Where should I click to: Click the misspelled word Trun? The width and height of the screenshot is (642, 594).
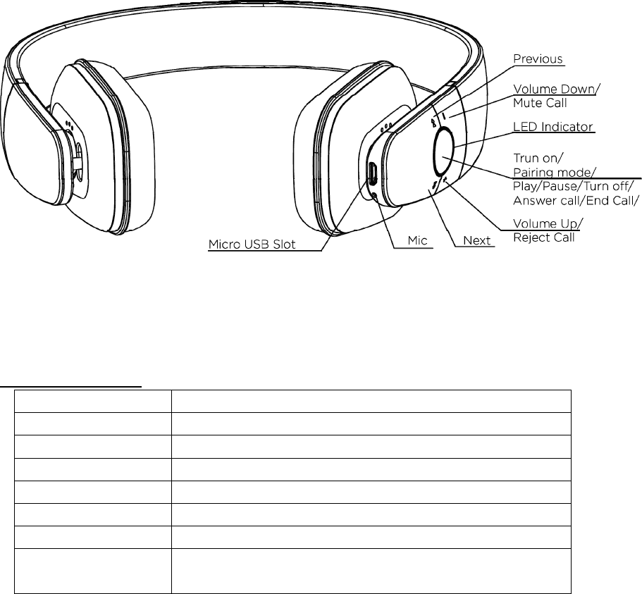pyautogui.click(x=526, y=159)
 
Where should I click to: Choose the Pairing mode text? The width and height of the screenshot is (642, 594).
pyautogui.click(x=547, y=172)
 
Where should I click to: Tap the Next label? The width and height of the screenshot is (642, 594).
pyautogui.click(x=476, y=241)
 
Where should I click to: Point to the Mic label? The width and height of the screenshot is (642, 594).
pyautogui.click(x=420, y=241)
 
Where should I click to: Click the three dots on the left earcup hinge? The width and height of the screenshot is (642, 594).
pyautogui.click(x=69, y=125)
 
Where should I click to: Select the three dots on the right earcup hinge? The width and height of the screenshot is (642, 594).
pyautogui.click(x=387, y=128)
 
